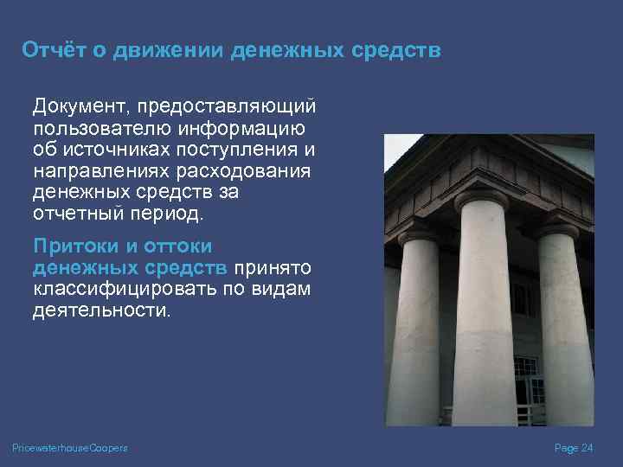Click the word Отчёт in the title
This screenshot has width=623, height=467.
click(x=49, y=50)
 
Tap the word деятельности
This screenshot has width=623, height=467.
click(x=102, y=310)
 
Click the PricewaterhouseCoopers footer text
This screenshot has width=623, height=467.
click(x=70, y=447)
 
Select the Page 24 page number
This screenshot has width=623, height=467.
click(x=573, y=447)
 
